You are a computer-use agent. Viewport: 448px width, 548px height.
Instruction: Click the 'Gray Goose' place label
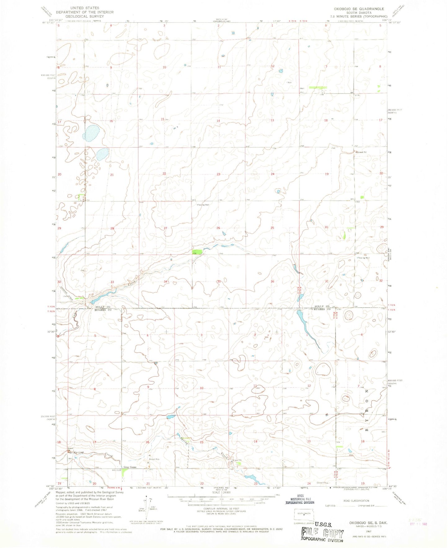(x=130, y=467)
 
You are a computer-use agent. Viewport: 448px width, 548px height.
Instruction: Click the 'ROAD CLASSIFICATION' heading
(x=357, y=501)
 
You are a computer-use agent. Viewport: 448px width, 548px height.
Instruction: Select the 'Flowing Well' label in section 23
(x=203, y=205)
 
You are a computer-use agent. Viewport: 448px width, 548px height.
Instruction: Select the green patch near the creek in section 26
(x=197, y=252)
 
